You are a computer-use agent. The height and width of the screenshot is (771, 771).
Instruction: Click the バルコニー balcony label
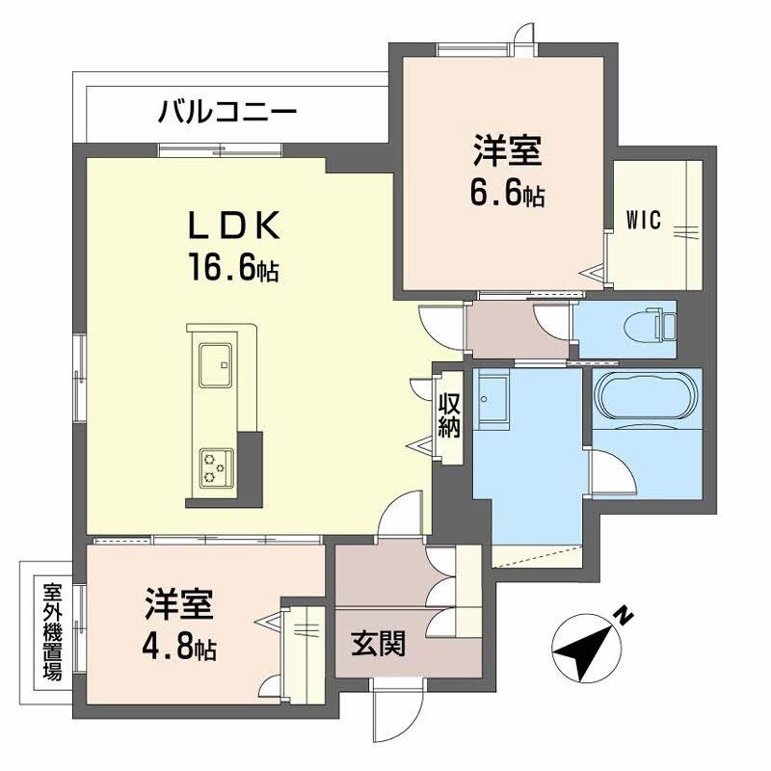pos(227,112)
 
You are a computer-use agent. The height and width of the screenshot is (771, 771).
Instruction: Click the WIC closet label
pos(643,220)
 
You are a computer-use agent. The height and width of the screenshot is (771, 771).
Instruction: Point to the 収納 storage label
pos(449,415)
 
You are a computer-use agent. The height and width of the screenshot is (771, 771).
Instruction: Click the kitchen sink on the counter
pos(216,367)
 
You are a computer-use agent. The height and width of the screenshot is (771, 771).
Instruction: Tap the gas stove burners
pos(214,468)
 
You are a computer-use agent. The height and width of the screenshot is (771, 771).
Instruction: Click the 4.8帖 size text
pos(175,647)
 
